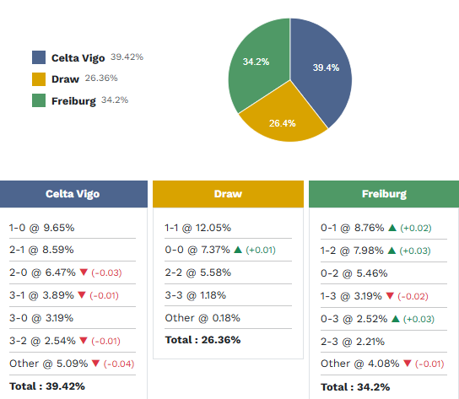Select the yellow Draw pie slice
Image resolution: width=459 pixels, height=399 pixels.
(282, 122)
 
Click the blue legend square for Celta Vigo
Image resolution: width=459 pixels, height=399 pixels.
(39, 57)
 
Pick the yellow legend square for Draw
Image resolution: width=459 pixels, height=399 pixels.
(39, 79)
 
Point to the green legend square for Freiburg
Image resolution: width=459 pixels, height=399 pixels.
(39, 101)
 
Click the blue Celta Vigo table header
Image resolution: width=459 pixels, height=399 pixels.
(73, 193)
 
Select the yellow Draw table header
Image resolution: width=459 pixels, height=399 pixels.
(228, 193)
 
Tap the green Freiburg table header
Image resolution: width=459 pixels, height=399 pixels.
(384, 193)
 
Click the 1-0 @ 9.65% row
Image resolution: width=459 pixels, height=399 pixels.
(41, 228)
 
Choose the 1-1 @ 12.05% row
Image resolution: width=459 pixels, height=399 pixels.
(197, 228)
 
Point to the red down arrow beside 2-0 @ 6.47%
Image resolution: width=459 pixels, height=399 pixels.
(82, 273)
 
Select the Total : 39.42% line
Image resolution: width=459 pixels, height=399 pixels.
(47, 386)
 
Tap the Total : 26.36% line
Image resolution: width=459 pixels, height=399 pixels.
(202, 340)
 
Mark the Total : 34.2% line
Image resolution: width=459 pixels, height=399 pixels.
(356, 386)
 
